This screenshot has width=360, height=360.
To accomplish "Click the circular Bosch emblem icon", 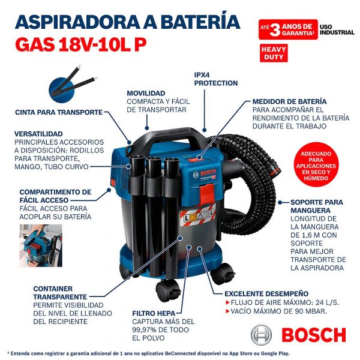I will click(262, 335).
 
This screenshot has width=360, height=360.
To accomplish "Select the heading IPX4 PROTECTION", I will click(215, 79).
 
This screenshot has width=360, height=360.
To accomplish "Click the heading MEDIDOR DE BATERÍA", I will click(289, 101).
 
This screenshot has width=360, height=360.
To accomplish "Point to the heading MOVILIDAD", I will click(146, 94).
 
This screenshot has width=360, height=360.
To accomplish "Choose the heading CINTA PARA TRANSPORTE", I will click(59, 112).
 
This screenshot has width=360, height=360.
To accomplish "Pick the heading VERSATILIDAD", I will click(39, 133).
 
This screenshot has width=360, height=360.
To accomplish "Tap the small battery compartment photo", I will click(40, 245).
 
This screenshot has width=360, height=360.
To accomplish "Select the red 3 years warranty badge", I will click(287, 29).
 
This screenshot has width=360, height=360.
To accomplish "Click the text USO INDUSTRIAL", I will click(337, 29).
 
